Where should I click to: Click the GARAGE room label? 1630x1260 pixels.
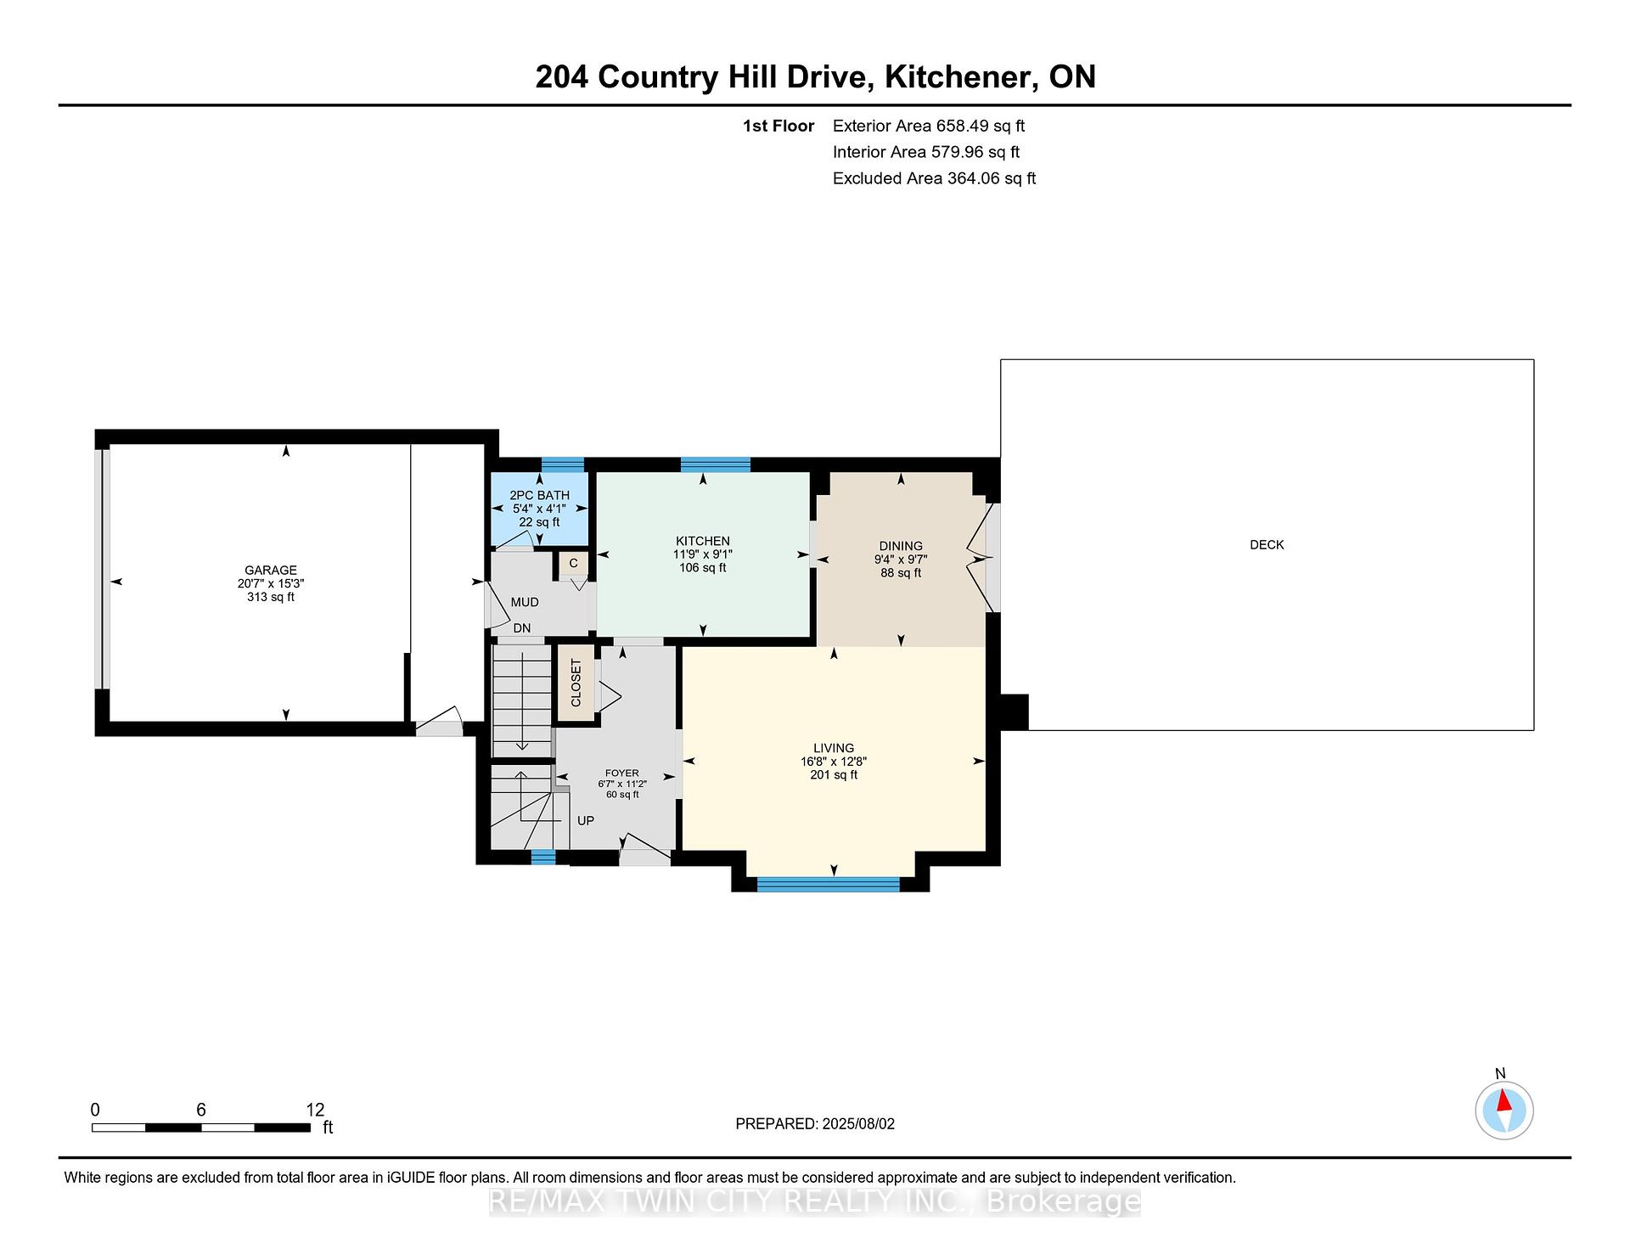pos(271,571)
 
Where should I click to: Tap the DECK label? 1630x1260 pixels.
pos(1267,545)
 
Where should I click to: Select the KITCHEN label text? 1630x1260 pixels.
pos(703,541)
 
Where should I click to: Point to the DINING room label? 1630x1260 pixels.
pos(901,546)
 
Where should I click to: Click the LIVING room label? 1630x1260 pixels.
pos(834,749)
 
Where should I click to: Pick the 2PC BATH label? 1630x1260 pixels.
pos(539,495)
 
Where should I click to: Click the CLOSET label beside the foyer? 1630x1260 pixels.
pos(576,683)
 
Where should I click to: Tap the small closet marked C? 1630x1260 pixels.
pos(573,563)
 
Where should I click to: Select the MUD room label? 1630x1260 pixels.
pos(525,602)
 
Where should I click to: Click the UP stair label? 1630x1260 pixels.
pos(586,821)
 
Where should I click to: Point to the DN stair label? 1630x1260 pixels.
pos(522,628)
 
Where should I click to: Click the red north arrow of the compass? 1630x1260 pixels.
pos(1504,1100)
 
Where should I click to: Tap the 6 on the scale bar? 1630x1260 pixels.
pos(201,1110)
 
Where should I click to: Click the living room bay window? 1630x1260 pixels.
pos(828,884)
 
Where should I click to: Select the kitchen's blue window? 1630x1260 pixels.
pos(716,464)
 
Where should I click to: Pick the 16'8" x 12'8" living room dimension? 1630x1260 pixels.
pos(834,762)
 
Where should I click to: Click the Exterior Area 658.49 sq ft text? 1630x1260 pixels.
pos(929,126)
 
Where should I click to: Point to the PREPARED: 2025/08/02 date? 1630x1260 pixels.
pos(815,1123)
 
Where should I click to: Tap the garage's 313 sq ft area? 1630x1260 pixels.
pos(271,597)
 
